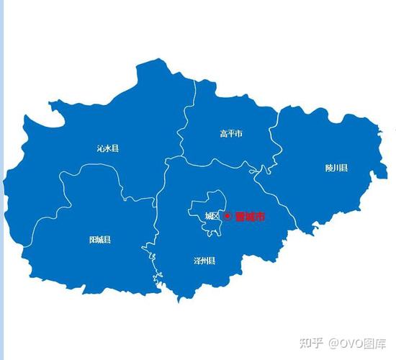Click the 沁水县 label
click(108, 148)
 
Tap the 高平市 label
click(231, 133)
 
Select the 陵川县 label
click(336, 168)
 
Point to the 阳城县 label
click(100, 239)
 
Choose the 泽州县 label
click(204, 260)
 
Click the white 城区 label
click(212, 216)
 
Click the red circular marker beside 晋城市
click(228, 216)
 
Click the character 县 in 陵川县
click(344, 168)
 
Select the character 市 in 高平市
click(239, 133)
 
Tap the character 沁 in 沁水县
click(100, 148)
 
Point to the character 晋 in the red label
click(240, 216)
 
